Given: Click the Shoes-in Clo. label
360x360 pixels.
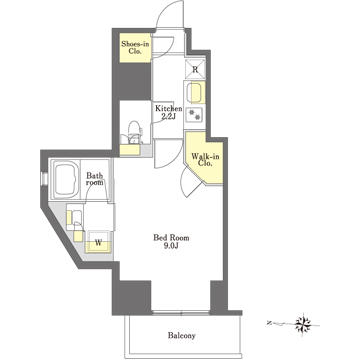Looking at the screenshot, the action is pos(135,47).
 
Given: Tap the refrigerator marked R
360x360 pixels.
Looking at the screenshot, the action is pos(195,69).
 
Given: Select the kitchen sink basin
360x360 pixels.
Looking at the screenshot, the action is pos(195,93).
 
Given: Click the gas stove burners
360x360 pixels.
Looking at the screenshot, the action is pos(194,115).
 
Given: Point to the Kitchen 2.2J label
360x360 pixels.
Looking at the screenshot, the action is pos(168,112).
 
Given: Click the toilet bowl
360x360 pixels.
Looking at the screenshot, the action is pos(134,132).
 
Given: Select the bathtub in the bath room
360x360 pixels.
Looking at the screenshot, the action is pos(65,179).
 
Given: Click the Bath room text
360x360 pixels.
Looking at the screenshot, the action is pos(95,179).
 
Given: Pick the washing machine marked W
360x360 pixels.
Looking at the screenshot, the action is pos(98,242).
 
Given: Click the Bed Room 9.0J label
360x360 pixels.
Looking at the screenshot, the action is pos(171,242).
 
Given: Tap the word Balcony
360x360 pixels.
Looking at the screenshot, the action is pos(182,336).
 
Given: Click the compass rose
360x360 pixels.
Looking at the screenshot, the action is pos(303,323).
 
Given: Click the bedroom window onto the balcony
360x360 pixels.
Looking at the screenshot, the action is pos(181,313).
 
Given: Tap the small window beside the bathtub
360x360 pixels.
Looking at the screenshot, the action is pos(43,178).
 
